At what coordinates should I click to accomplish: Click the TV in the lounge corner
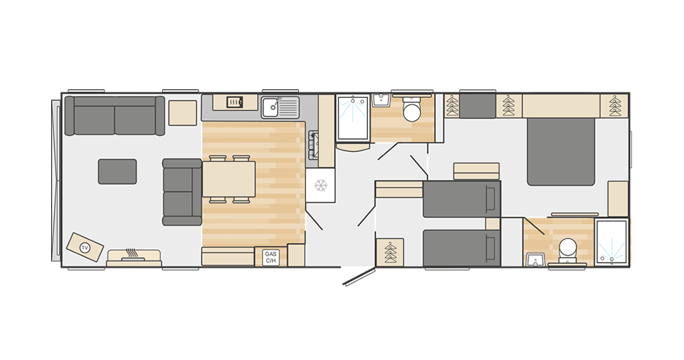(x=84, y=247)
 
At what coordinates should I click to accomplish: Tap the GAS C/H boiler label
(x=271, y=256)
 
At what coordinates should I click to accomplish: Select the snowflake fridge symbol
(x=320, y=186)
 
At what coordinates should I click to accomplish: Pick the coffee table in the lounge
(x=117, y=171)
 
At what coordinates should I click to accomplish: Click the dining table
(x=228, y=179)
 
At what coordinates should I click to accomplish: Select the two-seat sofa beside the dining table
(x=181, y=191)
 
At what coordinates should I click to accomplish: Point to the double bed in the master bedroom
(x=561, y=151)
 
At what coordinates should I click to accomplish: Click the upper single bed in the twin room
(x=461, y=199)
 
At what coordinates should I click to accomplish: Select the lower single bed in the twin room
(x=461, y=248)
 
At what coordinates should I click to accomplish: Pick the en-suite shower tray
(x=611, y=243)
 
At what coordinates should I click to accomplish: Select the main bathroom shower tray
(x=353, y=119)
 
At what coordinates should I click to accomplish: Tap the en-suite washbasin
(x=534, y=258)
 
